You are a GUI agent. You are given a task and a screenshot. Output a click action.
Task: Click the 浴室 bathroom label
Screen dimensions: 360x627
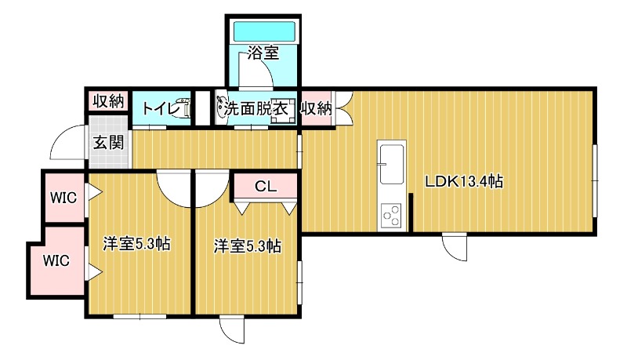click(263, 54)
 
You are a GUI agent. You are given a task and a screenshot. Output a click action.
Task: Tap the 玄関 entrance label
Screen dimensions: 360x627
click(108, 143)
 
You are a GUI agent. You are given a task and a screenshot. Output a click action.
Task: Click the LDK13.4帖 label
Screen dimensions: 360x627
click(464, 181)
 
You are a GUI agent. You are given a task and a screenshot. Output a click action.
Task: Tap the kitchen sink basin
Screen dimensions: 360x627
click(391, 160)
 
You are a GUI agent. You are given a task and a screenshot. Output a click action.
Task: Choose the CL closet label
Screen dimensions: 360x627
click(266, 187)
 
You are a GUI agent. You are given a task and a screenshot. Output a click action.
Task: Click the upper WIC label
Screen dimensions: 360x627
click(63, 197)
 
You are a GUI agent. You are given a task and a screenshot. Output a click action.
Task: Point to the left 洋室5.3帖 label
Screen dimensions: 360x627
click(137, 244)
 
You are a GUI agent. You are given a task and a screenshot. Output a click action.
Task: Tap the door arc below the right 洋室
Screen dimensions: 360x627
click(233, 330)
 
